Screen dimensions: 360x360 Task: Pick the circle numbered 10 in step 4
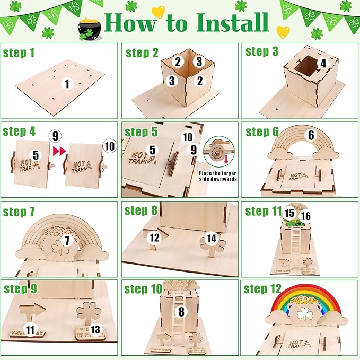click(x=109, y=145)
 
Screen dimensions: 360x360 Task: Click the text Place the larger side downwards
click(x=218, y=175)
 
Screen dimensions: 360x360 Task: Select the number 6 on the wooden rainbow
click(x=311, y=136)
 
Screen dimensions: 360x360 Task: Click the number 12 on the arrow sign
click(x=154, y=238)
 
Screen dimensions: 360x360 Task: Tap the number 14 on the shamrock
click(x=212, y=239)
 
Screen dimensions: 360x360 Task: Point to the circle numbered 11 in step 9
click(x=30, y=330)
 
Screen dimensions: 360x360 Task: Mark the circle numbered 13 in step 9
click(x=95, y=330)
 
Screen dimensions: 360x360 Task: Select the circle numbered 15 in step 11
click(x=289, y=213)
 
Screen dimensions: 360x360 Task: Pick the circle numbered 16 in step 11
click(x=306, y=216)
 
